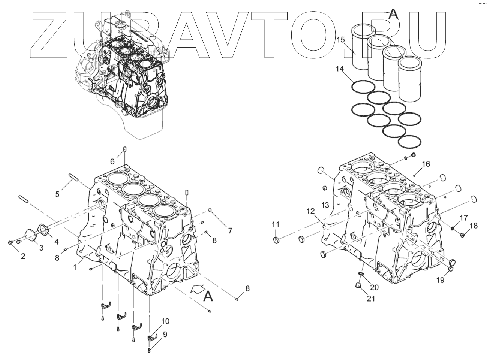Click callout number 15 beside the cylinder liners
pos(340,40)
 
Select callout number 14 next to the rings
pos(340,69)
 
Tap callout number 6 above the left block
pos(112,161)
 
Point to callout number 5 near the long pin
pos(57,194)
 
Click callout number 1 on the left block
pos(75,267)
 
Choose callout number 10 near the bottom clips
pos(165,321)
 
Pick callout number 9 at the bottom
pos(165,333)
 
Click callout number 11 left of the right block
pos(276,224)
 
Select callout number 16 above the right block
pos(426,164)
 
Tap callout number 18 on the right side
pos(474,226)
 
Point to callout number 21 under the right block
pos(371,299)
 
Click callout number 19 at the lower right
pos(440,280)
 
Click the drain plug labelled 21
pos(357,287)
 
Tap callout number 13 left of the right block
pos(325,205)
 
